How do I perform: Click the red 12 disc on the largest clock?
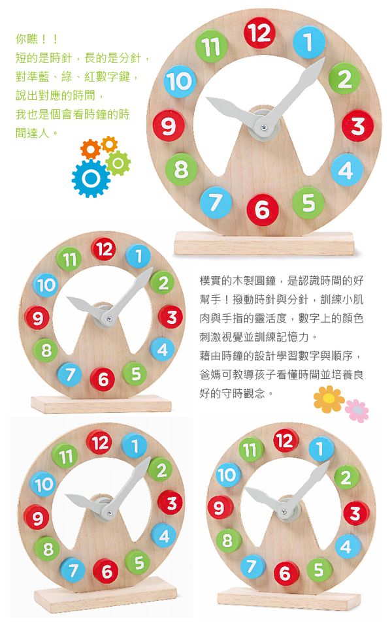(259, 33)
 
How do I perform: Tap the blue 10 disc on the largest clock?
(180, 81)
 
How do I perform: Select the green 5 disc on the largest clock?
(308, 203)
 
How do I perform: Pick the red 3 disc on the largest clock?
(357, 126)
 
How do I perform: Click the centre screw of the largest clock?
(263, 127)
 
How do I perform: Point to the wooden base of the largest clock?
(264, 243)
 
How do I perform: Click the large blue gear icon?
(91, 178)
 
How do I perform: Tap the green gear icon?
(118, 163)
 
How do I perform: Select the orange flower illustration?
(329, 398)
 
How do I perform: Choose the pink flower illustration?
(357, 411)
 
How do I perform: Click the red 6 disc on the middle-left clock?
(103, 379)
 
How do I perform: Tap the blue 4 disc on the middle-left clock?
(163, 349)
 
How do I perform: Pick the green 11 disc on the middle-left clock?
(69, 259)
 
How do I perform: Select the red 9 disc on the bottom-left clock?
(37, 517)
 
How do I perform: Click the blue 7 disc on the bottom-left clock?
(73, 570)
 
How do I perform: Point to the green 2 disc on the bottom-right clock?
(346, 477)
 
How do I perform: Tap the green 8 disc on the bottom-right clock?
(229, 540)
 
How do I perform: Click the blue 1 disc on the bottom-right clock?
(321, 449)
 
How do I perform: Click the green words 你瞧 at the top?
(27, 39)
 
